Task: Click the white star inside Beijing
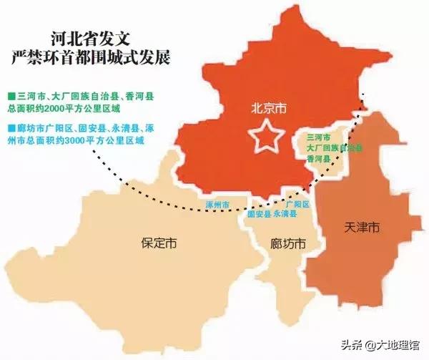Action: [x=266, y=136]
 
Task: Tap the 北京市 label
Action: [x=267, y=110]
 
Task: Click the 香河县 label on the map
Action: [x=317, y=160]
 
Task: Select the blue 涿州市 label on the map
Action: [x=217, y=205]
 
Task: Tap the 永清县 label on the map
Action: [x=286, y=214]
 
